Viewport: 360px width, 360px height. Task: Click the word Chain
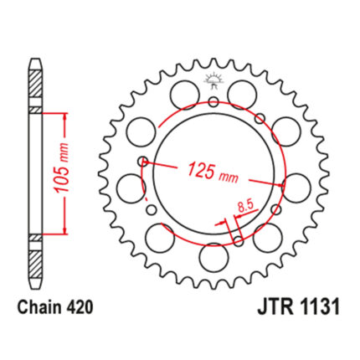click(39, 307)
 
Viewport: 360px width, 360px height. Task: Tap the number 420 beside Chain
click(79, 307)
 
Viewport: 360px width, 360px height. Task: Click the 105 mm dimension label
click(62, 168)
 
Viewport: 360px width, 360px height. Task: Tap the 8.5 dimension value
click(245, 207)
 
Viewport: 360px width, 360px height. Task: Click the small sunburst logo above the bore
click(214, 80)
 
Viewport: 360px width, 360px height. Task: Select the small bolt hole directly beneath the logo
click(213, 102)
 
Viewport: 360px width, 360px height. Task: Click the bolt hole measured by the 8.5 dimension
click(239, 241)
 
